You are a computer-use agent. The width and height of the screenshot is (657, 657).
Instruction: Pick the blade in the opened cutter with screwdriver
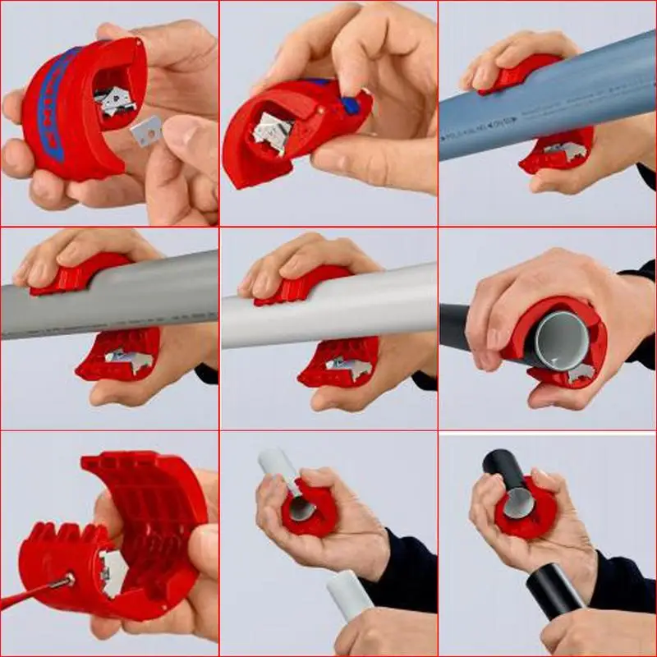[110, 567]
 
